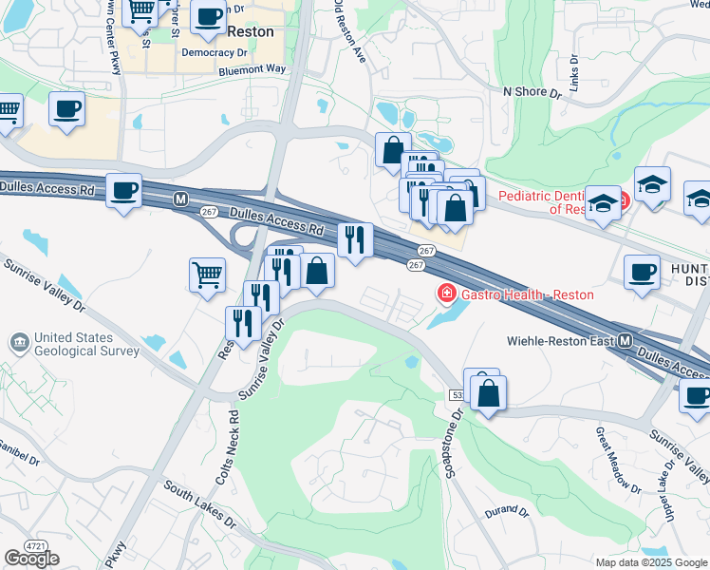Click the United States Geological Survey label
[x=86, y=344]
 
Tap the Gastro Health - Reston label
[x=528, y=294]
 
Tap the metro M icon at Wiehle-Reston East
[x=626, y=340]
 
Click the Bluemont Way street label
[x=252, y=69]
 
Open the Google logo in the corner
[x=31, y=559]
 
